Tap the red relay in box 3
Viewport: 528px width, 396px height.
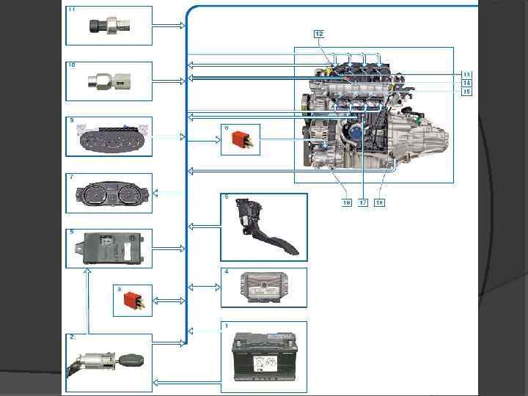click(x=135, y=300)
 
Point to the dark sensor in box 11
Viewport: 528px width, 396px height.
click(x=109, y=26)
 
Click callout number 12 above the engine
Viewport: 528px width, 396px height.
click(x=319, y=34)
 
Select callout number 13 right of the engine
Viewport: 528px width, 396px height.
click(x=466, y=74)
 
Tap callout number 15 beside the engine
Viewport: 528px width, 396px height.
click(x=466, y=92)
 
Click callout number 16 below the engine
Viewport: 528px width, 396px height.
click(x=346, y=202)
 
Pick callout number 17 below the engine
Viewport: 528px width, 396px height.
click(x=363, y=202)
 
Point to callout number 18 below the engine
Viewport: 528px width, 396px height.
click(x=380, y=202)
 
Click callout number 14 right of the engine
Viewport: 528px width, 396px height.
click(x=466, y=83)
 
